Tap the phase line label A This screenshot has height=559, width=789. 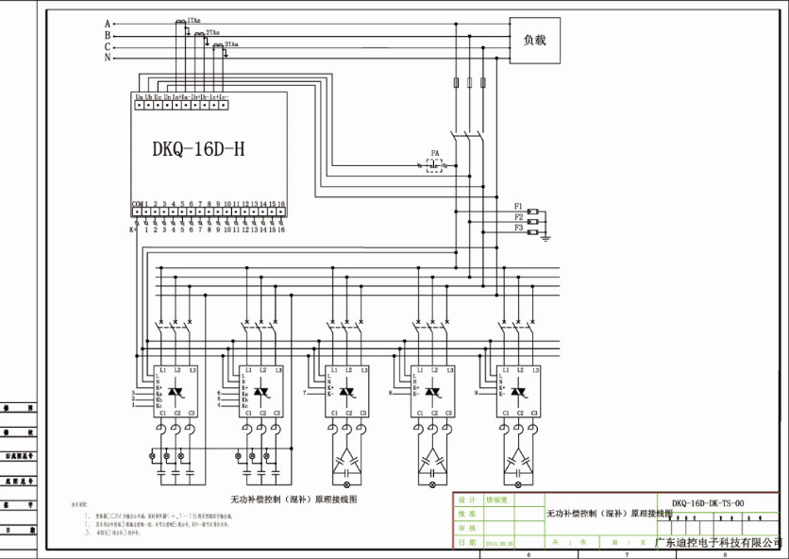click(x=108, y=23)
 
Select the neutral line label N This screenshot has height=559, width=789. click(x=108, y=58)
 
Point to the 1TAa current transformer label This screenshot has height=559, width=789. click(x=193, y=20)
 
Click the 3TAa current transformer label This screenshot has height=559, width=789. click(x=231, y=44)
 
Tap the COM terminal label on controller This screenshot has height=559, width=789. click(x=137, y=203)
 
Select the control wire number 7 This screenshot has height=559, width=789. click(x=305, y=391)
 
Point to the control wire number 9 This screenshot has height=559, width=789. click(x=476, y=391)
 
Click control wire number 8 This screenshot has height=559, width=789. click(x=390, y=391)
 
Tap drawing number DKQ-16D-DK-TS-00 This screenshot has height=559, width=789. click(x=707, y=503)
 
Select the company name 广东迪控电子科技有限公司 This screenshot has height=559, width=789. click(x=718, y=543)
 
